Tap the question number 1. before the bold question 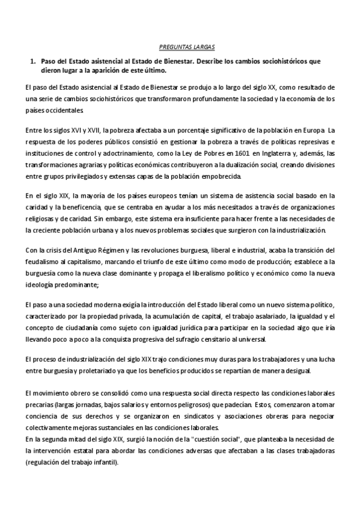coord(34,61)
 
